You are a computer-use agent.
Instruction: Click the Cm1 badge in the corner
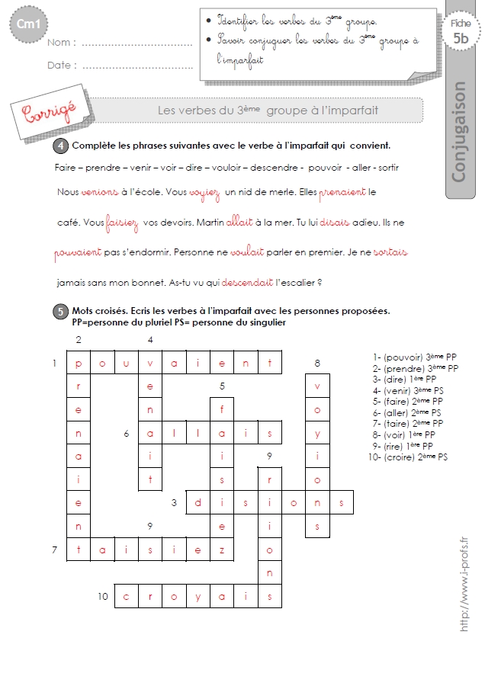(x=28, y=24)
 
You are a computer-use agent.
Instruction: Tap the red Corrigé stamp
(x=50, y=112)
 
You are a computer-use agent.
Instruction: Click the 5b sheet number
(x=461, y=39)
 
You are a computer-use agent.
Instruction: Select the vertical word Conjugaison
(x=458, y=131)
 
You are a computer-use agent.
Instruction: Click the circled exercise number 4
(x=61, y=146)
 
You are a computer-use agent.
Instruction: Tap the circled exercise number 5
(x=61, y=312)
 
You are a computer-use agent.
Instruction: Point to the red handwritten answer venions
(x=100, y=192)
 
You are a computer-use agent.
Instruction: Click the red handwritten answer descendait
(x=247, y=283)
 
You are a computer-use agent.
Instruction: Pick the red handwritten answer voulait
(x=247, y=252)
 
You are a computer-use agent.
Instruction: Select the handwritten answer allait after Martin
(x=239, y=223)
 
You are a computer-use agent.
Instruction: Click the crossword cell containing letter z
(x=222, y=550)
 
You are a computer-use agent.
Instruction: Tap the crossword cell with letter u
(x=126, y=363)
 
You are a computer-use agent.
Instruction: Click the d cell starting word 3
(x=198, y=502)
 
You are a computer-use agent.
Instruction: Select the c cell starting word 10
(x=126, y=596)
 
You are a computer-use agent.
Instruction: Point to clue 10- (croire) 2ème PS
(x=408, y=457)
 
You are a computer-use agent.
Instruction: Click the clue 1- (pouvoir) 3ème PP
(x=415, y=357)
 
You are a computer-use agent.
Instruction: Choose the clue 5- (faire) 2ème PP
(x=408, y=402)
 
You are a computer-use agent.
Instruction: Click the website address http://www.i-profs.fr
(x=464, y=585)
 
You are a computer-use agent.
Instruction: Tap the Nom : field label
(x=62, y=43)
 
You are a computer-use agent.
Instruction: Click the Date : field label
(x=62, y=66)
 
